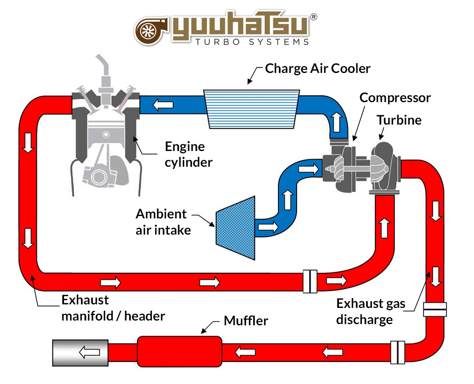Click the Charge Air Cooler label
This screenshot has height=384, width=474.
point(318,69)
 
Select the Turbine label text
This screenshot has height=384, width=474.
point(399,120)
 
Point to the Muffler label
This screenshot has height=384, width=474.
point(246,321)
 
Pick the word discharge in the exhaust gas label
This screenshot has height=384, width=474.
point(364,319)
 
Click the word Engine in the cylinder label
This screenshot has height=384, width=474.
point(185,147)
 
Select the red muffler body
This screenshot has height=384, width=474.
point(179,351)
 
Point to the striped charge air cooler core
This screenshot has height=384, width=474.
point(252,109)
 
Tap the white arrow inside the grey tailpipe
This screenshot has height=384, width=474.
point(89,352)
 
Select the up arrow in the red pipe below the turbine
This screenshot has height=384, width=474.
point(384,227)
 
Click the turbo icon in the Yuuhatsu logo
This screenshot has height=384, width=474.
point(152,30)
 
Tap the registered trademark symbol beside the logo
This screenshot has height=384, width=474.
point(313,17)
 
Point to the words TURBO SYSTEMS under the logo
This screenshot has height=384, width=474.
point(252,42)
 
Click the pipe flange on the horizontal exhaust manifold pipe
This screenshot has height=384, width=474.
point(310,281)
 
